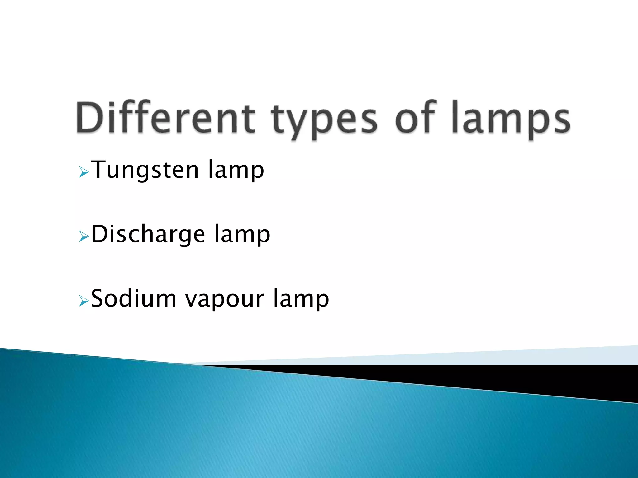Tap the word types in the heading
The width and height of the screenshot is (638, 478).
(324, 121)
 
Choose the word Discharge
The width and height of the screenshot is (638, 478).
(148, 235)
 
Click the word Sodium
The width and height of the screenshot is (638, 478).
(134, 299)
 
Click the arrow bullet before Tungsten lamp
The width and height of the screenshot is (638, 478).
(84, 172)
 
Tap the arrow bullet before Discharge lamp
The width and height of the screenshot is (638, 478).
(84, 236)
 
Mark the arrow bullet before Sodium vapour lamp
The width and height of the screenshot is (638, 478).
(84, 301)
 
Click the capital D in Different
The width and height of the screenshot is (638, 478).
(90, 118)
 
